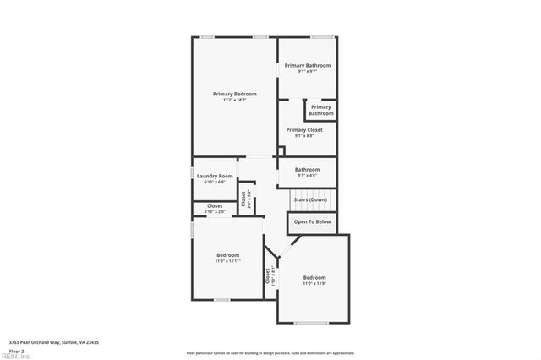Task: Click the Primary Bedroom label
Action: [x=234, y=94]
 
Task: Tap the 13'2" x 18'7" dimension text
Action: [x=234, y=100]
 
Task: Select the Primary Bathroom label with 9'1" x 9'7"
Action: [x=307, y=65]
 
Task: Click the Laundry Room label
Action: [x=215, y=176]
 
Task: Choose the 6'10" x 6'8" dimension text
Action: [x=215, y=182]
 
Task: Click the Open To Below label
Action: [x=312, y=221]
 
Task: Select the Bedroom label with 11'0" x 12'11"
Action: [x=227, y=255]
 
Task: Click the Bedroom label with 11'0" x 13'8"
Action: [x=314, y=277]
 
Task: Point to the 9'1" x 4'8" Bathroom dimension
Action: [x=307, y=175]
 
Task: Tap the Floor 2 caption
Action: [x=16, y=350]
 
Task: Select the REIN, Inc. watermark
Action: [x=15, y=356]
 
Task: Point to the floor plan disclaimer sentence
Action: [x=270, y=352]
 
